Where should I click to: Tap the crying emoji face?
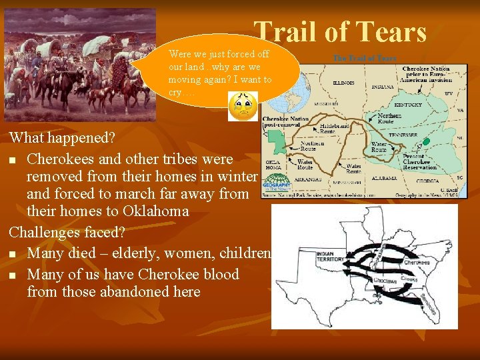243,107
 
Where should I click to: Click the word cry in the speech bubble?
175,93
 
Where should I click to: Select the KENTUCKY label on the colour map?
407,105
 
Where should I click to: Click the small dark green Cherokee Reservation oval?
427,142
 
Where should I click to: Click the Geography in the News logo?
277,183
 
